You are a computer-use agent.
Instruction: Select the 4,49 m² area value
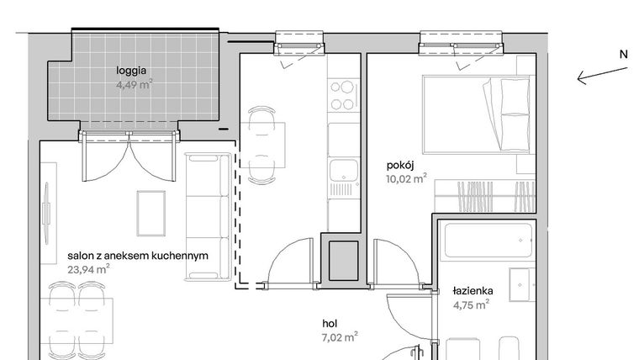click(x=135, y=84)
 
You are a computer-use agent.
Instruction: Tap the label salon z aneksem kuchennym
click(x=137, y=257)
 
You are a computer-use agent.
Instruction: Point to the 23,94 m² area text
click(x=88, y=270)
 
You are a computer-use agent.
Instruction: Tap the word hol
click(x=330, y=322)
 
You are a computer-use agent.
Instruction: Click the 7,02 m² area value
click(x=340, y=336)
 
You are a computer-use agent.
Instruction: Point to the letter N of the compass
click(x=623, y=54)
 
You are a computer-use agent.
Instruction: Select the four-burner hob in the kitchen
click(x=343, y=95)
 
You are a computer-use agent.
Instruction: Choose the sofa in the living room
click(x=206, y=216)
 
